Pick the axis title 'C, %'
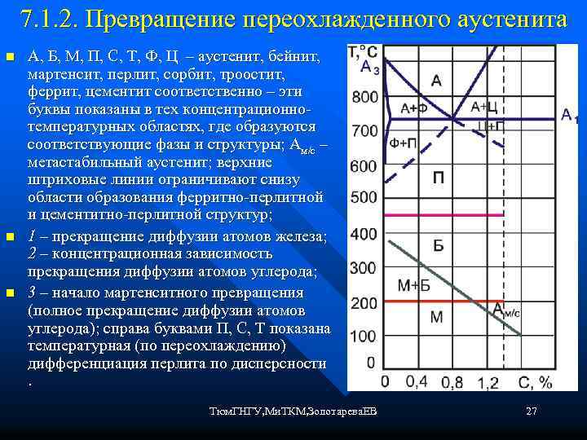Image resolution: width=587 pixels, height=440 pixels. point(534,381)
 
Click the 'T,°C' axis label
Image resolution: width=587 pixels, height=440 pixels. point(363,51)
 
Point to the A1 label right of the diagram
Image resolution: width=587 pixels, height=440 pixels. point(569,116)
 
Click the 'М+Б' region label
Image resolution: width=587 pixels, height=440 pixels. point(413,284)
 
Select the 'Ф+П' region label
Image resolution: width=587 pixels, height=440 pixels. point(404,143)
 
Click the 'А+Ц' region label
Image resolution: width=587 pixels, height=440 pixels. point(485,107)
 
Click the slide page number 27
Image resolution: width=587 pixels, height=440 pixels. point(532,411)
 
